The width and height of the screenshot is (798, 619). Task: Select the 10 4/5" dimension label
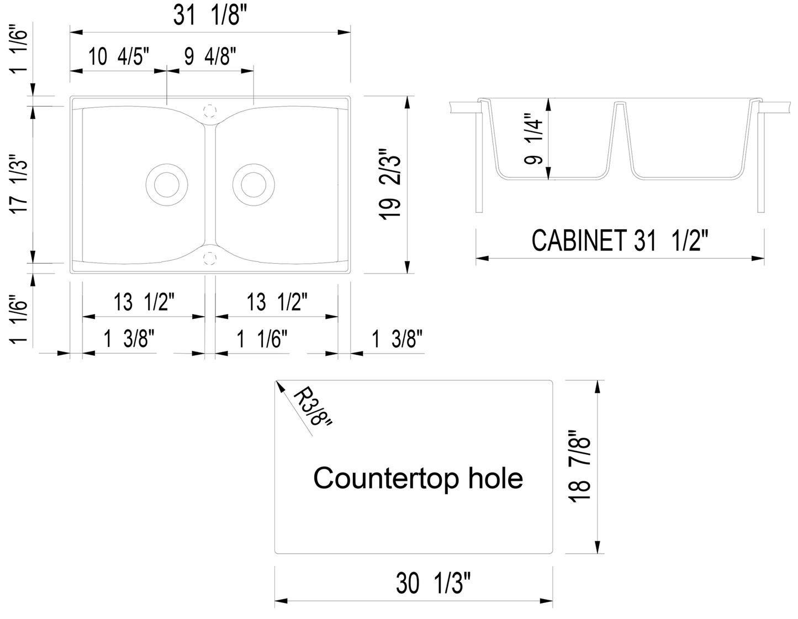coord(119,56)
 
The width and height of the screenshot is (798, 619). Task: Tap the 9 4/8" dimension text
coord(210,56)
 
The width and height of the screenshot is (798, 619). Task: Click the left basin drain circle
coord(166,185)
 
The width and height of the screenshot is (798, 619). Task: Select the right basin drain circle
coord(253,185)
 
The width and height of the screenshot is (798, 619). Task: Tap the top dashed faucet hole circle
coord(209,111)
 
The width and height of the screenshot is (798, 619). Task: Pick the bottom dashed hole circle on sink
coord(209,258)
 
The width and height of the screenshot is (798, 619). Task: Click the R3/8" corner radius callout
coord(312,407)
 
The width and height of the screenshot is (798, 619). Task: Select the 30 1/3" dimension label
coord(433,583)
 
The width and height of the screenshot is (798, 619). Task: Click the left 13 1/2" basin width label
coord(145,302)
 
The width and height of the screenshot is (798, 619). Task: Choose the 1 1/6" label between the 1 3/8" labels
coord(263,339)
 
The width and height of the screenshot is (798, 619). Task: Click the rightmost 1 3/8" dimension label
coord(397,339)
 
